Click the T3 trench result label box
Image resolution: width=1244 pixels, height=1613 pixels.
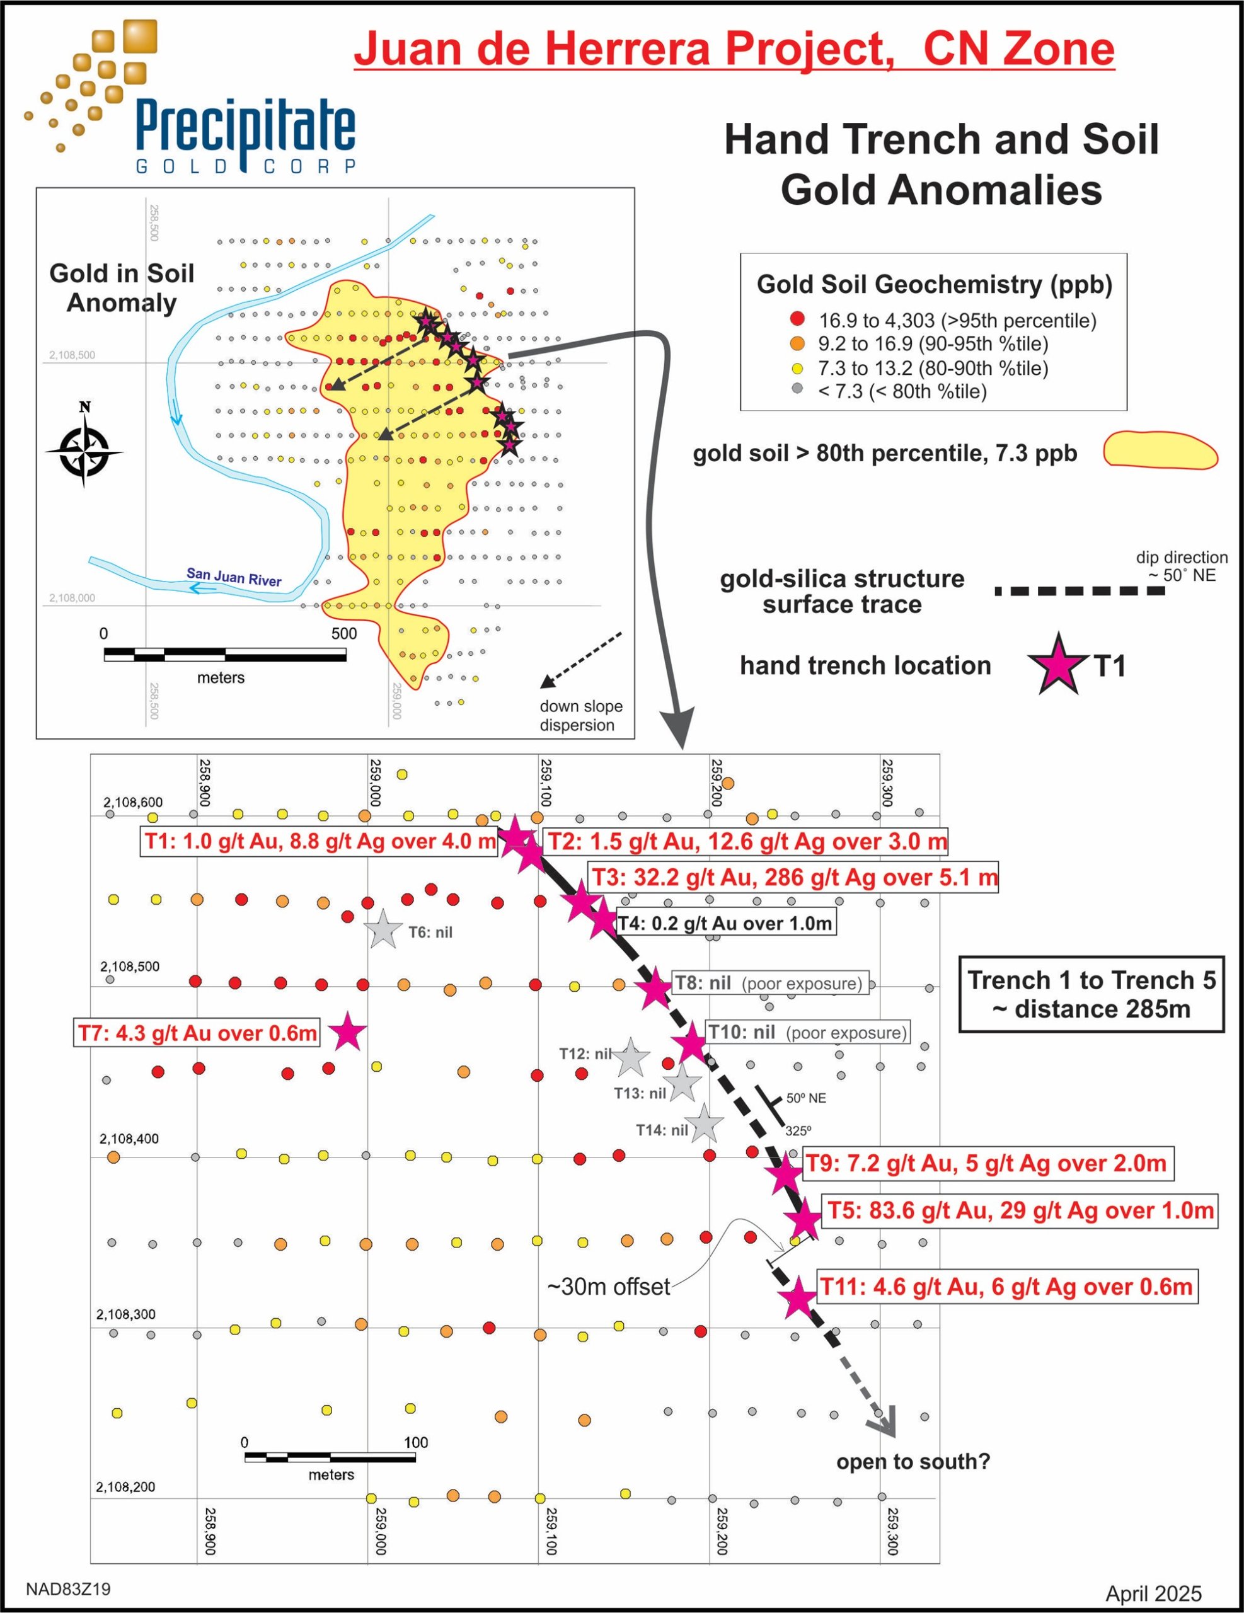coord(794,878)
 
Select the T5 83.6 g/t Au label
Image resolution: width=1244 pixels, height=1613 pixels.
coord(1020,1210)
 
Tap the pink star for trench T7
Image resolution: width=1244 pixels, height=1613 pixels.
coord(348,1033)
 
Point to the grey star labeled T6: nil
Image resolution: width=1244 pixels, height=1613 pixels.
coord(383,930)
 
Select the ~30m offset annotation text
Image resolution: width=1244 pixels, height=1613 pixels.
coord(608,1287)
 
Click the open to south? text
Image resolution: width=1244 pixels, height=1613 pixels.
coord(913,1462)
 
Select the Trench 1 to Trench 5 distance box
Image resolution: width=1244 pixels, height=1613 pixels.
coord(1091,994)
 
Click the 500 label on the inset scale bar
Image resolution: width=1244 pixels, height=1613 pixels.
coord(343,633)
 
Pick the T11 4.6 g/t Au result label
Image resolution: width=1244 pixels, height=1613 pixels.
coord(1007,1287)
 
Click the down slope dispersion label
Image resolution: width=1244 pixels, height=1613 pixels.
coord(580,715)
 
